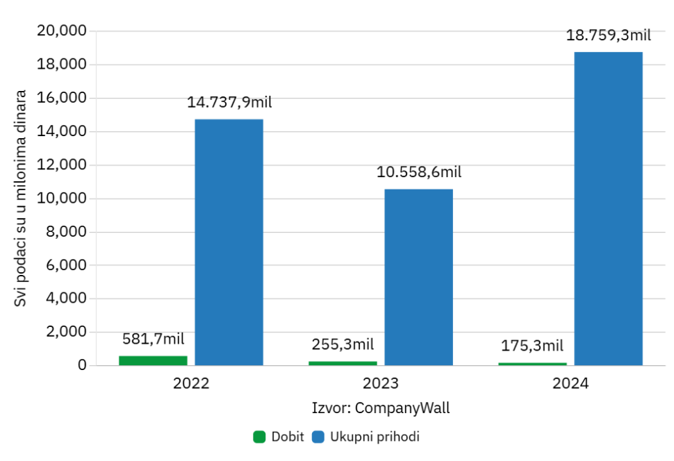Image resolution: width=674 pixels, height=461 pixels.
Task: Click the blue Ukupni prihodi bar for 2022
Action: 229,242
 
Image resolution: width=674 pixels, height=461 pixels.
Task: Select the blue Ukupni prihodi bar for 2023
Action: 418,277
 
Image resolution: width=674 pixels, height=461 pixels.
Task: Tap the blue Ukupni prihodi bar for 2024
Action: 608,208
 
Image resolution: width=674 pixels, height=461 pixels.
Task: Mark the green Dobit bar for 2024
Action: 532,364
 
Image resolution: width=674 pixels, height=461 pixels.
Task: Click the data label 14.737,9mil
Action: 229,103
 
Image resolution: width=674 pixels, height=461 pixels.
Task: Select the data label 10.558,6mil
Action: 419,172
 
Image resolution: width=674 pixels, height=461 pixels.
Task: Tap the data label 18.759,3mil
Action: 609,35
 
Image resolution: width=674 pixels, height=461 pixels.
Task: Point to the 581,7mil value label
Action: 153,339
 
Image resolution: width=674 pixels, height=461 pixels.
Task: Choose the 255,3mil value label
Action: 343,344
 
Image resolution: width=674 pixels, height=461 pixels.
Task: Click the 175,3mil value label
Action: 532,346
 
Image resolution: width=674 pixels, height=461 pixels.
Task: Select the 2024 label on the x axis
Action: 570,383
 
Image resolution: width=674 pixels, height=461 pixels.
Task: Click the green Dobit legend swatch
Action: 259,437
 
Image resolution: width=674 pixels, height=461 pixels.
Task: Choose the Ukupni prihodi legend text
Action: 375,437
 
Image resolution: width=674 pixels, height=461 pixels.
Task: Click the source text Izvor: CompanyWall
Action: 381,408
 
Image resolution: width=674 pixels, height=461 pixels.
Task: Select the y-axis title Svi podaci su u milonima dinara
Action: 21,198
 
